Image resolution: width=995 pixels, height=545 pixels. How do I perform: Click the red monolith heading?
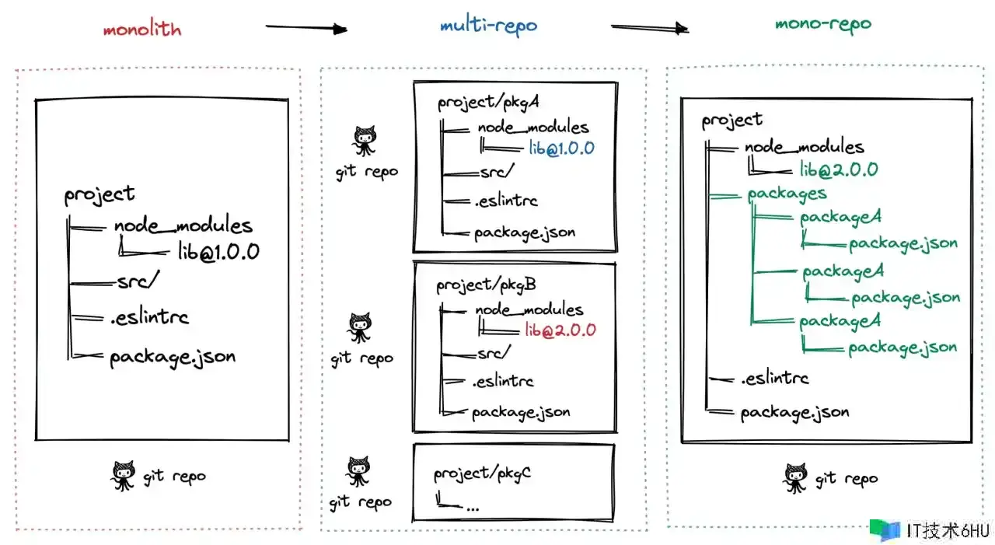point(142,30)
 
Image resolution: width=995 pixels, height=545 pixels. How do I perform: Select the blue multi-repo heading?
point(488,25)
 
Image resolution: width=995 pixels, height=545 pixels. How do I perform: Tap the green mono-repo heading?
point(823,23)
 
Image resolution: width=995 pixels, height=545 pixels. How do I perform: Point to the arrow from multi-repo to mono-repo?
point(650,28)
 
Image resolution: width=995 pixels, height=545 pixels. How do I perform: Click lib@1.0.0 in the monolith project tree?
point(218,251)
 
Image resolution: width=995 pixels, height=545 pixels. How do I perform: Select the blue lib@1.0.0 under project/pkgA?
point(562,148)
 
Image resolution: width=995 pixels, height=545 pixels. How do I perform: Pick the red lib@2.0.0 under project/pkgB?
point(560,330)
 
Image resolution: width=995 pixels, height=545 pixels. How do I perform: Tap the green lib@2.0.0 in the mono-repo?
point(839,169)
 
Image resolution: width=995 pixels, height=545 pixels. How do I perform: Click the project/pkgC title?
point(482,473)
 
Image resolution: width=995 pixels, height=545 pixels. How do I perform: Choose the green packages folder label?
point(787,194)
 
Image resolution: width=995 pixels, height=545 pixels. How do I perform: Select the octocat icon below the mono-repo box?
point(795,478)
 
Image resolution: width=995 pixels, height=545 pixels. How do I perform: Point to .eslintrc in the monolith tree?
point(149,316)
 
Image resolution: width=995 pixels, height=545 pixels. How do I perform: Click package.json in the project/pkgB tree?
point(520,411)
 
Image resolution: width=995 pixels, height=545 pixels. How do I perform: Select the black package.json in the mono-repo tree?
point(794,412)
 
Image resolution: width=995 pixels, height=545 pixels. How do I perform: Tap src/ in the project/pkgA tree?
point(497,173)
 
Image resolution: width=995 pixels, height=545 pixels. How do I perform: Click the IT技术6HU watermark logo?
point(930,530)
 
